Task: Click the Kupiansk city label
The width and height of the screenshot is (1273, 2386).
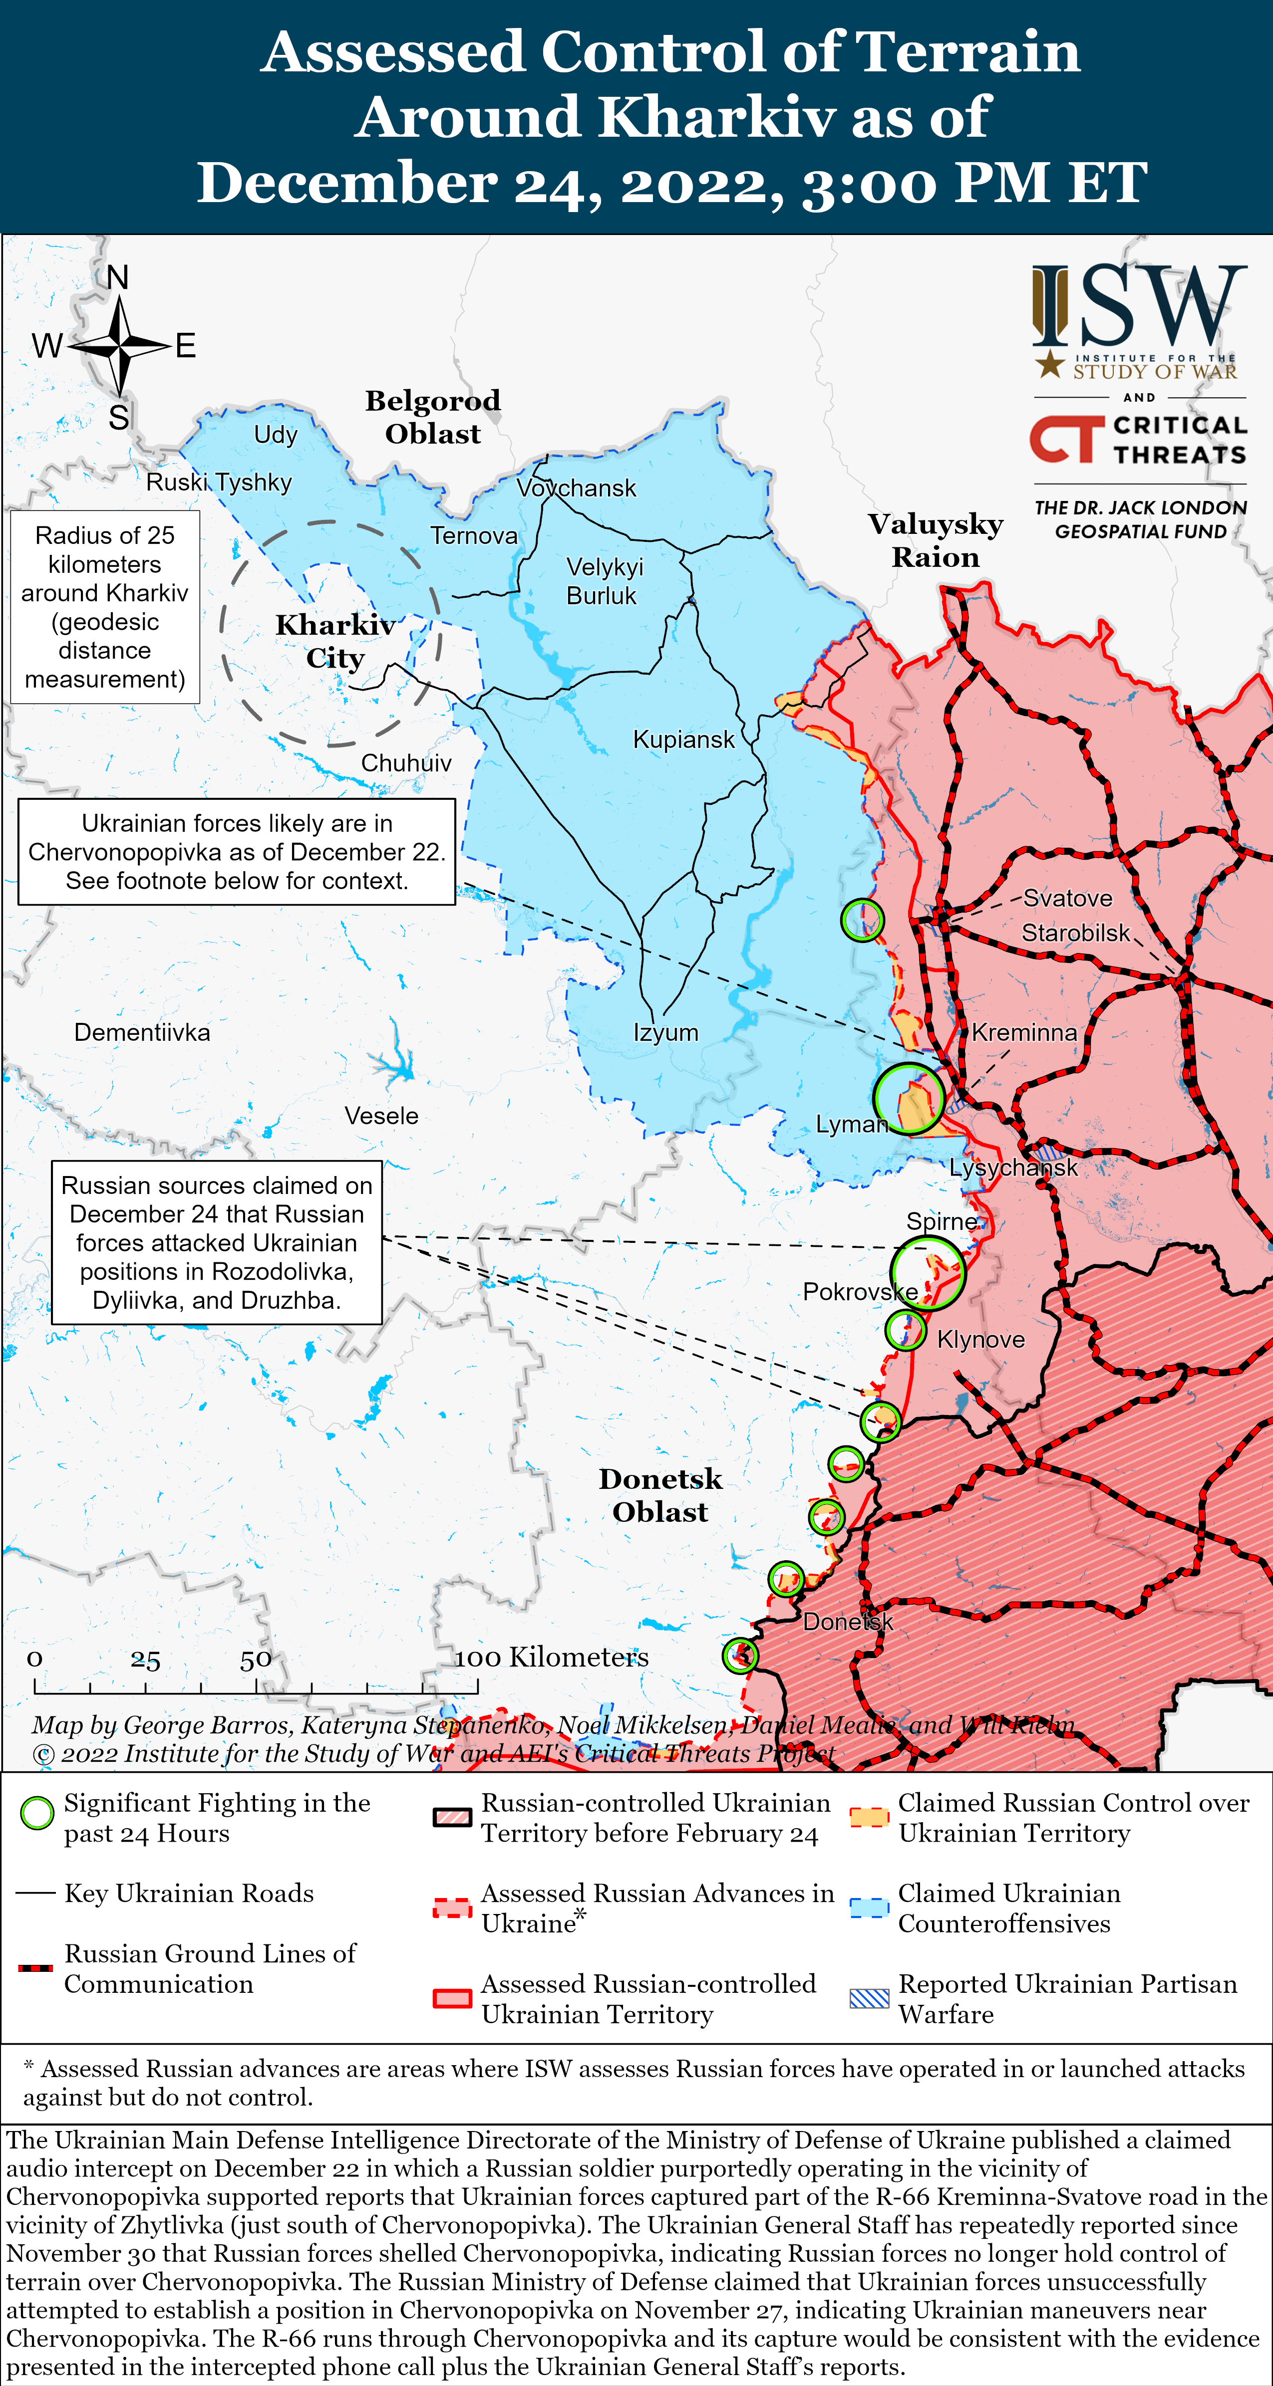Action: click(683, 739)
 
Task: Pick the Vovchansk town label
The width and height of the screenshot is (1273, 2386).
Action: click(576, 488)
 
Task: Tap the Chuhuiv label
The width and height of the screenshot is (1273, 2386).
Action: click(406, 763)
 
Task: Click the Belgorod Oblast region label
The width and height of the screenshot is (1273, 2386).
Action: click(433, 417)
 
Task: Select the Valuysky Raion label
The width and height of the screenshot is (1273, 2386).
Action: click(936, 540)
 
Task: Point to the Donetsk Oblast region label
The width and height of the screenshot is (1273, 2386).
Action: click(659, 1495)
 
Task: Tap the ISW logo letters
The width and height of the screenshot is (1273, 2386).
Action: click(1140, 306)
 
